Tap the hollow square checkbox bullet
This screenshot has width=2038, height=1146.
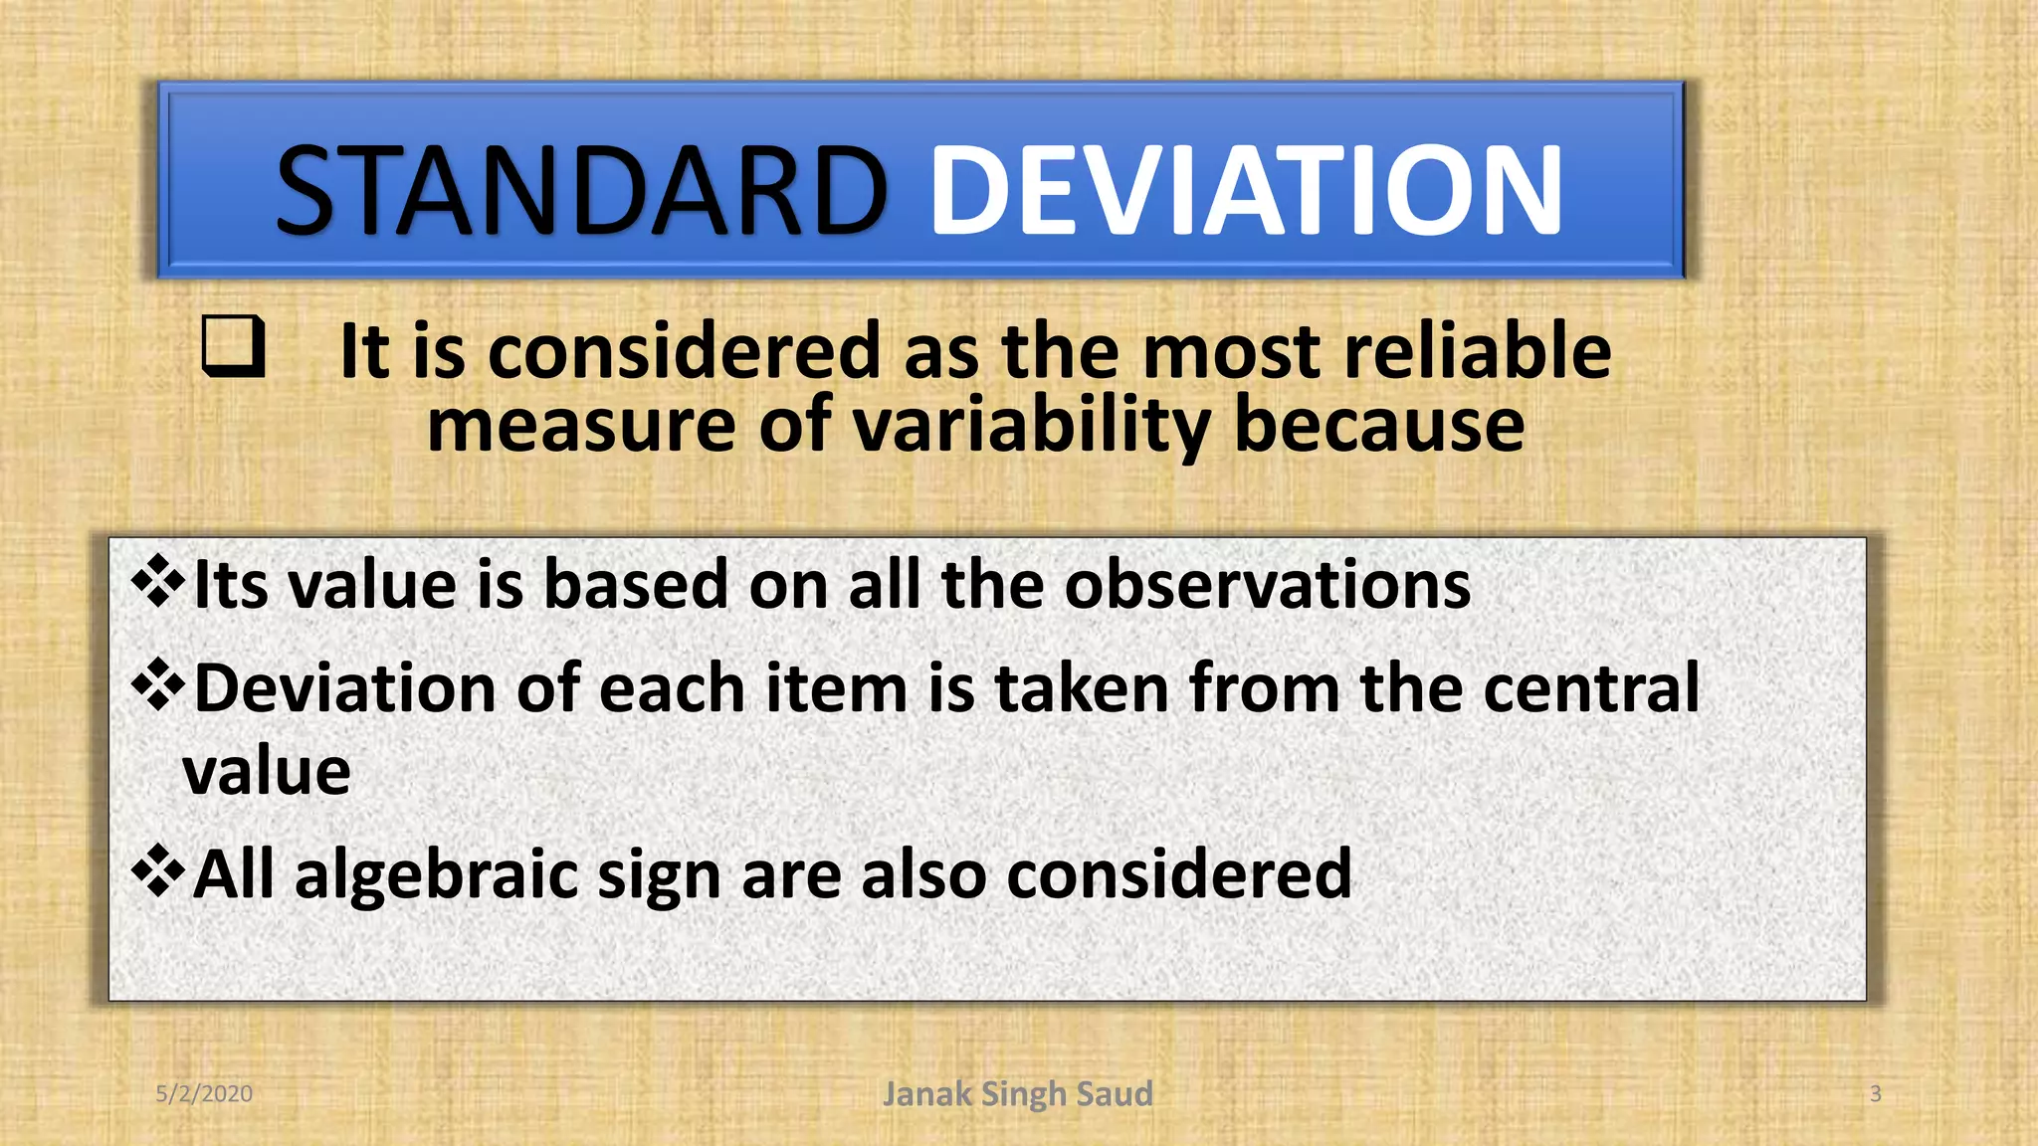coord(233,345)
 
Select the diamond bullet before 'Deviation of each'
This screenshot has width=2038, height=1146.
coord(158,685)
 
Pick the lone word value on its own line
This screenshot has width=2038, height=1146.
coord(267,771)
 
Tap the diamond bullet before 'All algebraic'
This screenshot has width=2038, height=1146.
coord(158,871)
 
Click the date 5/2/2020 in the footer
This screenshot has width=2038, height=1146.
coord(204,1093)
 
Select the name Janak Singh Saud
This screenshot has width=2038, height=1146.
coord(1017,1093)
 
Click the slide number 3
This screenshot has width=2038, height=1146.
coord(1875,1093)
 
